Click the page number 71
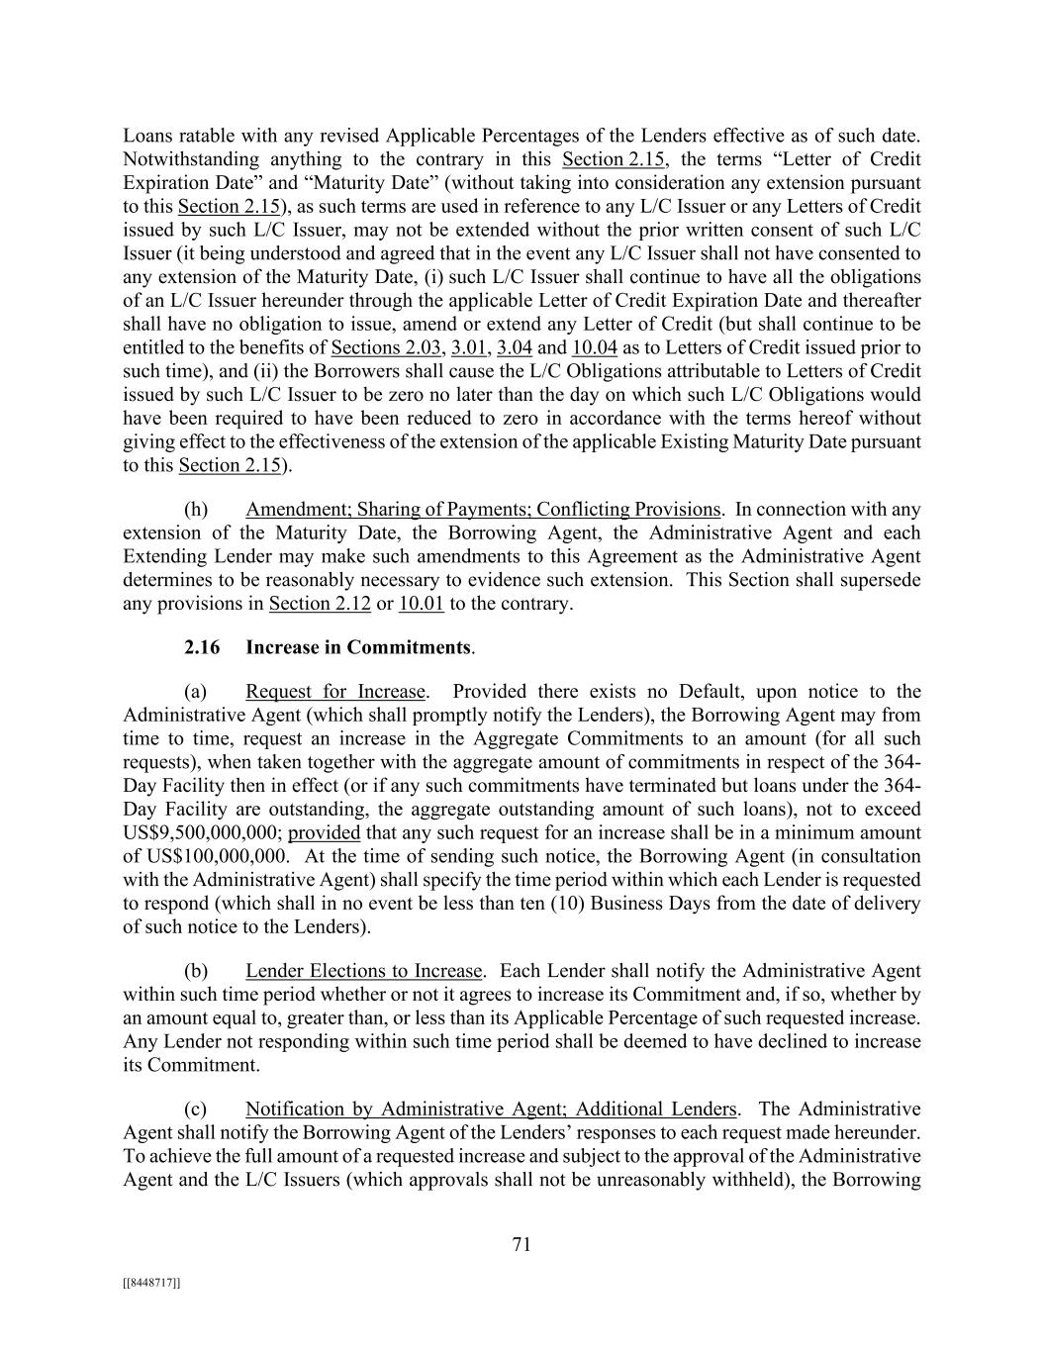tap(522, 1245)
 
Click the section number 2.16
tap(202, 648)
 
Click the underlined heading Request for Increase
tap(335, 692)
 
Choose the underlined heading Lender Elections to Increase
tap(364, 971)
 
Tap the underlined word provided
tap(324, 833)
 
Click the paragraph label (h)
tap(196, 510)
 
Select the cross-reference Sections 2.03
tap(386, 347)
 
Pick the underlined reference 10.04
tap(594, 347)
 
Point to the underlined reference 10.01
tap(421, 604)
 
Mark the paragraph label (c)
tap(196, 1110)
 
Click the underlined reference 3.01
tap(469, 347)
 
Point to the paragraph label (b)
tap(196, 971)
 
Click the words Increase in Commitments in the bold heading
tap(358, 648)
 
